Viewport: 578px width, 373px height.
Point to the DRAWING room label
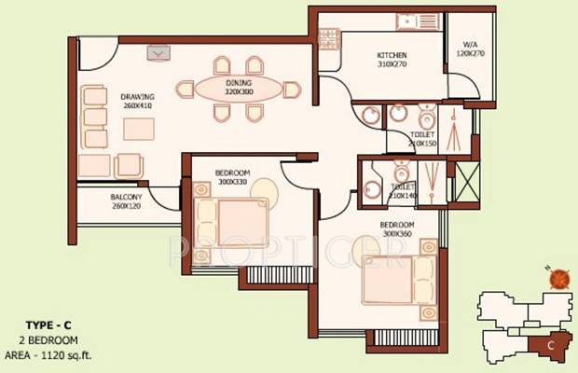pos(136,96)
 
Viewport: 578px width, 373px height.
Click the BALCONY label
pos(125,197)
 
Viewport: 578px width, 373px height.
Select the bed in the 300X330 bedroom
pos(231,220)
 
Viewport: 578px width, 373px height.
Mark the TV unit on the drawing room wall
pos(159,53)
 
